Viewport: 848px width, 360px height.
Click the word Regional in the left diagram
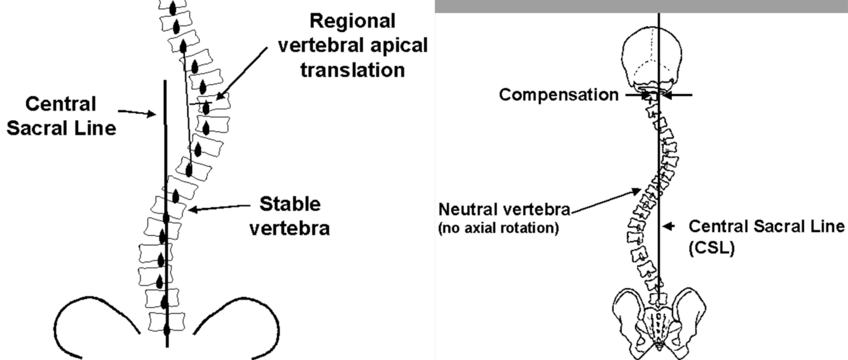(352, 21)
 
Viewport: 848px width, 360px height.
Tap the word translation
(352, 69)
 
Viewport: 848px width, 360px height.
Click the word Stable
(291, 204)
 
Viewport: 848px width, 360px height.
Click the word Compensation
(557, 95)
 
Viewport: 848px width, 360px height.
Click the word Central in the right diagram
(716, 226)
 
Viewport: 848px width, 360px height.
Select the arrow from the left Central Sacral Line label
(137, 113)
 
